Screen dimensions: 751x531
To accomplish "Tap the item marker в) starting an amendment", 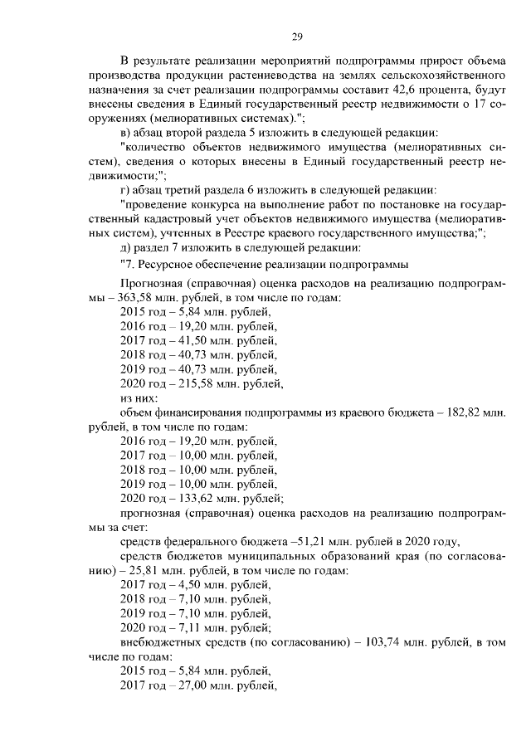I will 127,134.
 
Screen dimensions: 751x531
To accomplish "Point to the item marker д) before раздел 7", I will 127,247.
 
